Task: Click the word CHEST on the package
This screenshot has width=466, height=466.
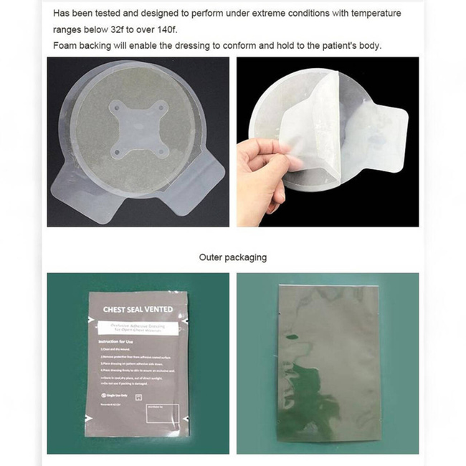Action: click(x=118, y=309)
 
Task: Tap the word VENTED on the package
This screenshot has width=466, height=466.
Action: click(x=156, y=309)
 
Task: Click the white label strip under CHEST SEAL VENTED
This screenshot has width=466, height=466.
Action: click(x=138, y=328)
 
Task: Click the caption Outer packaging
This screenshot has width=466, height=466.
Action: click(x=232, y=257)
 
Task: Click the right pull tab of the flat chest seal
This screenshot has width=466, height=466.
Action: click(x=200, y=184)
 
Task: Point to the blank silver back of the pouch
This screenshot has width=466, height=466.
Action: click(x=327, y=366)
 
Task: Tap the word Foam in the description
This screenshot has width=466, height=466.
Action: click(x=67, y=46)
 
